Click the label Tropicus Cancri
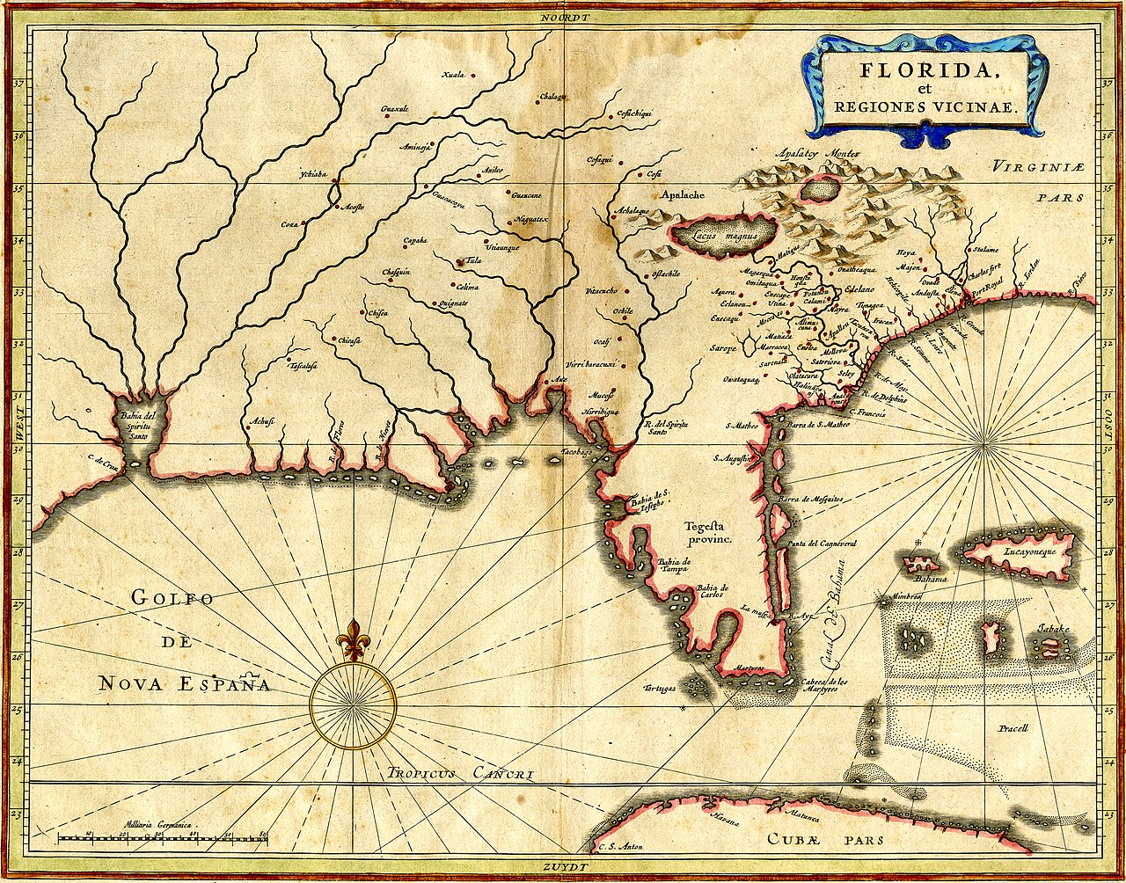click(460, 774)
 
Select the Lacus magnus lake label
click(724, 236)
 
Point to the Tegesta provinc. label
click(710, 533)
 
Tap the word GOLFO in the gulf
click(172, 598)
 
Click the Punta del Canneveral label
click(823, 544)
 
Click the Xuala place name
click(456, 75)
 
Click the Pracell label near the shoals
click(1013, 729)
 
